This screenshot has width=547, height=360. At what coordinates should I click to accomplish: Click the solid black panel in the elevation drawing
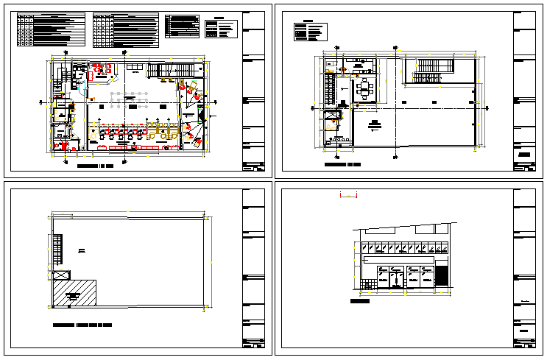click(442, 275)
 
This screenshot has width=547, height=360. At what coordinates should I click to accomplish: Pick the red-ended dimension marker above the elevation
click(347, 195)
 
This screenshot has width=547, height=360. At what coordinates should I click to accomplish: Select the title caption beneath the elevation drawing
click(360, 301)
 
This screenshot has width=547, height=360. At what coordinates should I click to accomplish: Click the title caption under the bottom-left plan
click(82, 324)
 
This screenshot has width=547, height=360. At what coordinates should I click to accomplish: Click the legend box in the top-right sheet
click(308, 32)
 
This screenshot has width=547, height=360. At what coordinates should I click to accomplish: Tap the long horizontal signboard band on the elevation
click(398, 260)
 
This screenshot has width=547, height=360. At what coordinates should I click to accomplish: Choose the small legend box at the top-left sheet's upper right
click(222, 27)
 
